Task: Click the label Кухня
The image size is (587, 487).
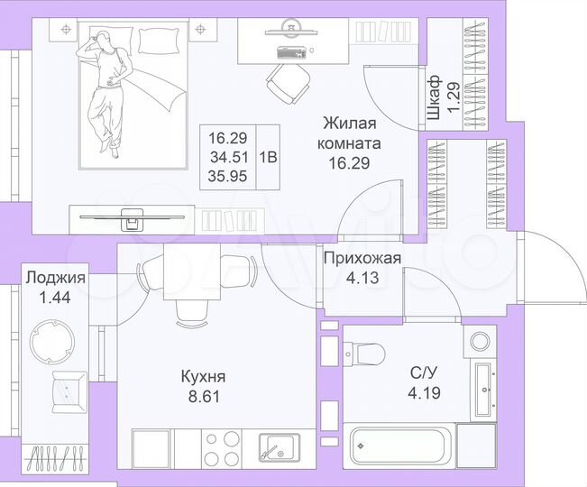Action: [x=202, y=376]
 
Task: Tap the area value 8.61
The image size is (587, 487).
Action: [x=202, y=394]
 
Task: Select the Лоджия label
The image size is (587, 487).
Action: [x=55, y=278]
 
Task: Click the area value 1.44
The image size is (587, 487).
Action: [x=55, y=295]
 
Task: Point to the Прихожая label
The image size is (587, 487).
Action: [x=362, y=260]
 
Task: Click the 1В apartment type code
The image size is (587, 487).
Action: [x=268, y=155]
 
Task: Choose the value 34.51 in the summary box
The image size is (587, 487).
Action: [x=228, y=156]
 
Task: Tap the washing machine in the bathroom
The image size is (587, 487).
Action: [x=478, y=344]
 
